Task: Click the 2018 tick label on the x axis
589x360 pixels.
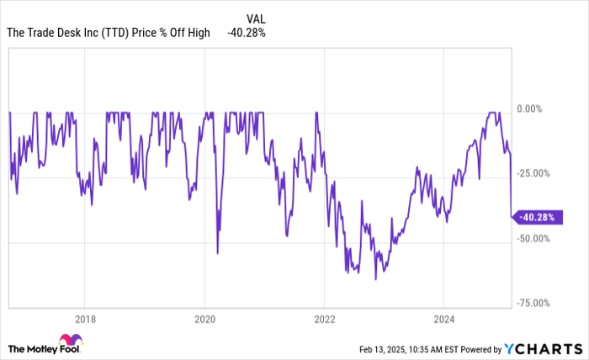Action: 84,320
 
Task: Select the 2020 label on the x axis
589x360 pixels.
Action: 204,320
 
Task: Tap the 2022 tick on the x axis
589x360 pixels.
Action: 325,320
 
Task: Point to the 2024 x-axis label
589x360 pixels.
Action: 444,320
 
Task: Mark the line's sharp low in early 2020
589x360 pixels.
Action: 217,252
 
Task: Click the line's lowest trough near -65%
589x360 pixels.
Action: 375,278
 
